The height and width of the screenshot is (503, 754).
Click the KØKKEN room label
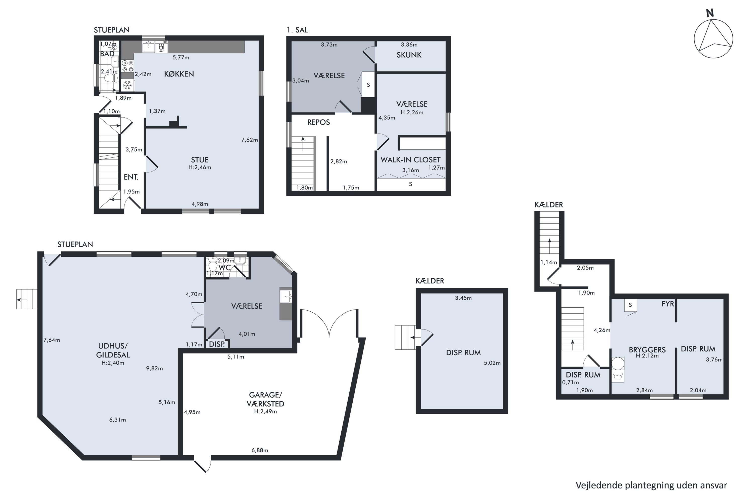tap(179, 74)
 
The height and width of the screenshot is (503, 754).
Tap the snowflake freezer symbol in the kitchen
tap(128, 85)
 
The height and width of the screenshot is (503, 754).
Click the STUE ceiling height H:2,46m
tap(200, 167)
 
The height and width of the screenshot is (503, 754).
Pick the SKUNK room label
tap(409, 55)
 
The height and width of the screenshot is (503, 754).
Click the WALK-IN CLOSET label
tap(410, 160)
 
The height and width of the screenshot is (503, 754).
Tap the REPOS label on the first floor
tap(319, 122)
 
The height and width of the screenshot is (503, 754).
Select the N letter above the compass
tap(710, 13)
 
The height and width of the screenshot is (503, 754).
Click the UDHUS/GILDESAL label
tap(113, 350)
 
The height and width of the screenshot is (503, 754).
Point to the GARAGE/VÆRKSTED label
tap(265, 399)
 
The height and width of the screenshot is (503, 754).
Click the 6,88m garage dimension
tap(260, 450)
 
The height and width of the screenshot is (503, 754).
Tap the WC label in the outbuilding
tap(224, 268)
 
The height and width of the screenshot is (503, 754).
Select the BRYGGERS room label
tap(647, 350)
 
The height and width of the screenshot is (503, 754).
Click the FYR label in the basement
tap(668, 304)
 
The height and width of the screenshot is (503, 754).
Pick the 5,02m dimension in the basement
tap(492, 363)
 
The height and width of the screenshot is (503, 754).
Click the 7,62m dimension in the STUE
tap(249, 140)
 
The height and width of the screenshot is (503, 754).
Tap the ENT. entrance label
tap(131, 177)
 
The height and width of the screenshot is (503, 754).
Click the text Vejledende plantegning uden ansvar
tap(651, 485)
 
